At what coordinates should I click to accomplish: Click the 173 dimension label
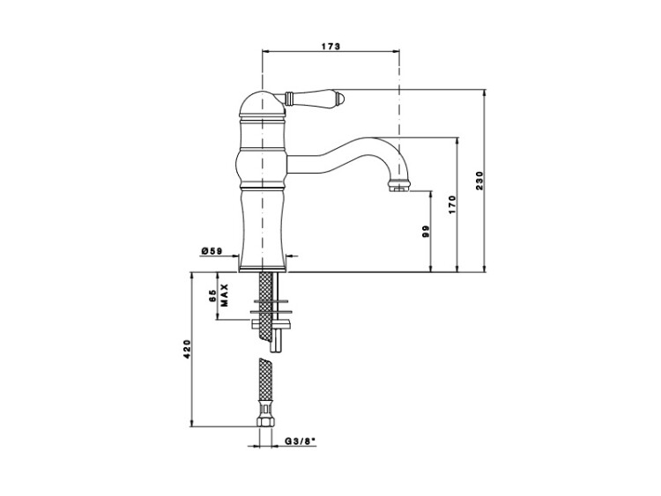pyautogui.click(x=330, y=47)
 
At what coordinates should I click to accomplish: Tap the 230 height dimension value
pyautogui.click(x=479, y=181)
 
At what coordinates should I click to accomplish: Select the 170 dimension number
pyautogui.click(x=452, y=204)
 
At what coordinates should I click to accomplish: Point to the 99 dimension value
pyautogui.click(x=426, y=232)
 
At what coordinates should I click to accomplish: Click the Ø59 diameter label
pyautogui.click(x=212, y=251)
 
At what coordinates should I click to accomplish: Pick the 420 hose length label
pyautogui.click(x=187, y=350)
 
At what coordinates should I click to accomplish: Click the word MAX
pyautogui.click(x=224, y=295)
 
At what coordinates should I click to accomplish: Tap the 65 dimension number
pyautogui.click(x=212, y=295)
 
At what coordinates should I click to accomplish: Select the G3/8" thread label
pyautogui.click(x=301, y=441)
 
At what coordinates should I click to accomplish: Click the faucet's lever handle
pyautogui.click(x=315, y=98)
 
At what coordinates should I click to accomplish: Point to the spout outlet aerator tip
pyautogui.click(x=398, y=185)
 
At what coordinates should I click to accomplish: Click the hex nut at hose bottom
pyautogui.click(x=264, y=419)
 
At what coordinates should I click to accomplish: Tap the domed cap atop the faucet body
pyautogui.click(x=263, y=104)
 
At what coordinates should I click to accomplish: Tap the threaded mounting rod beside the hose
pyautogui.click(x=277, y=312)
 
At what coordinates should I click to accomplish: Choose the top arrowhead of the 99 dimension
pyautogui.click(x=430, y=194)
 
